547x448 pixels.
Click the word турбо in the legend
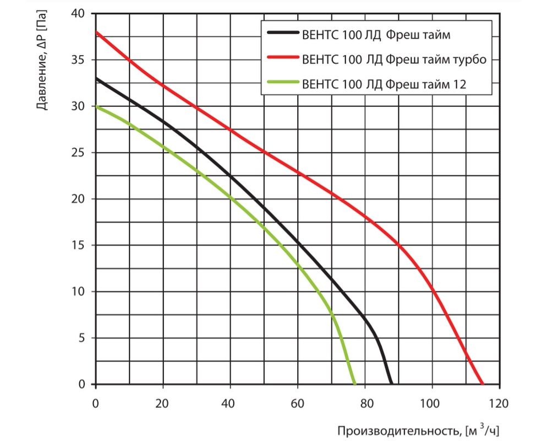[x=467, y=59]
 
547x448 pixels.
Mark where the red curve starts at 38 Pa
[x=96, y=32]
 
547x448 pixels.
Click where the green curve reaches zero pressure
[x=354, y=384]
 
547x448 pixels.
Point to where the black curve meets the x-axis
[x=391, y=384]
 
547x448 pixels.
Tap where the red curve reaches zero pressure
[x=482, y=384]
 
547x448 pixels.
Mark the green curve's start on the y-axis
[x=96, y=106]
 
